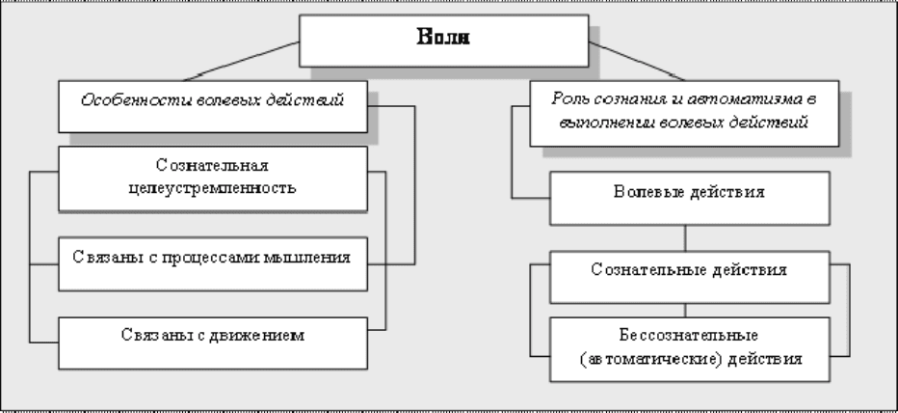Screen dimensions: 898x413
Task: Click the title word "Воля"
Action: point(443,38)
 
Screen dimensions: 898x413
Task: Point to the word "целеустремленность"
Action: point(213,188)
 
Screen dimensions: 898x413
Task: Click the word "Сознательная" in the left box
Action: point(213,166)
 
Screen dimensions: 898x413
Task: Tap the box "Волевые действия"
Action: point(690,198)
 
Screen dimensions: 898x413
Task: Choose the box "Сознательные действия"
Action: point(690,277)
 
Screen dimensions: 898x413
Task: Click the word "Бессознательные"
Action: point(689,335)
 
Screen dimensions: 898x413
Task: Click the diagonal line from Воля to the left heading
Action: point(242,61)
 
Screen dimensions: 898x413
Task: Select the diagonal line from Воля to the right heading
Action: point(636,61)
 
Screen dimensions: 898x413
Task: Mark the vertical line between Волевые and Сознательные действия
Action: point(685,238)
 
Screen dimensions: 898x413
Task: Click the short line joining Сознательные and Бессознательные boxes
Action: point(685,311)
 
